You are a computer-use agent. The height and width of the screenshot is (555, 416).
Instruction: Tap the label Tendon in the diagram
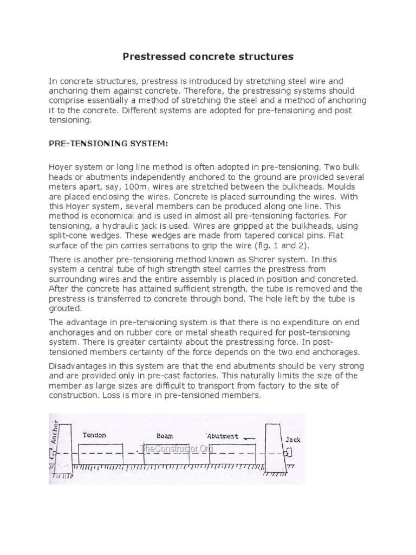pos(95,435)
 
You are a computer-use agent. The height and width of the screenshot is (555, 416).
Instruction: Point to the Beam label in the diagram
pos(164,435)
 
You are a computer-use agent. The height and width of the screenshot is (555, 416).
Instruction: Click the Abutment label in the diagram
pos(223,435)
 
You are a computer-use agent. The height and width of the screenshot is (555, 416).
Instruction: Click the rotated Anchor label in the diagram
pos(54,431)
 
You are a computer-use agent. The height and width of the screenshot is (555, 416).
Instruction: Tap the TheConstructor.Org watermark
pos(176,449)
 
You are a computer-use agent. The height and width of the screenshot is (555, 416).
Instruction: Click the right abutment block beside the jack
pos(272,442)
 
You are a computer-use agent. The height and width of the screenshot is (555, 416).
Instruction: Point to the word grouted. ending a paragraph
pos(66,308)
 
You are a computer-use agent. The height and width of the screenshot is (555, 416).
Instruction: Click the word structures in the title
pos(262,56)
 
